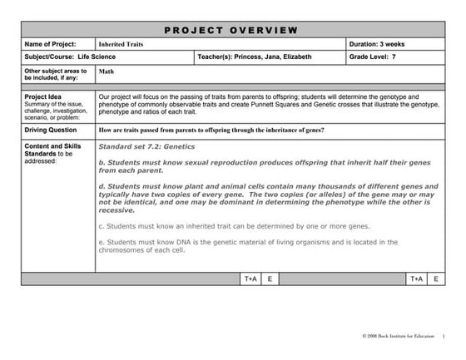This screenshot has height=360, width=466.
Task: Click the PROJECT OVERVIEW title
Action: (x=231, y=30)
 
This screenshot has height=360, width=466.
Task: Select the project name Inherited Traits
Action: (x=121, y=43)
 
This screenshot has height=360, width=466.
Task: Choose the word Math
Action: (x=107, y=72)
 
